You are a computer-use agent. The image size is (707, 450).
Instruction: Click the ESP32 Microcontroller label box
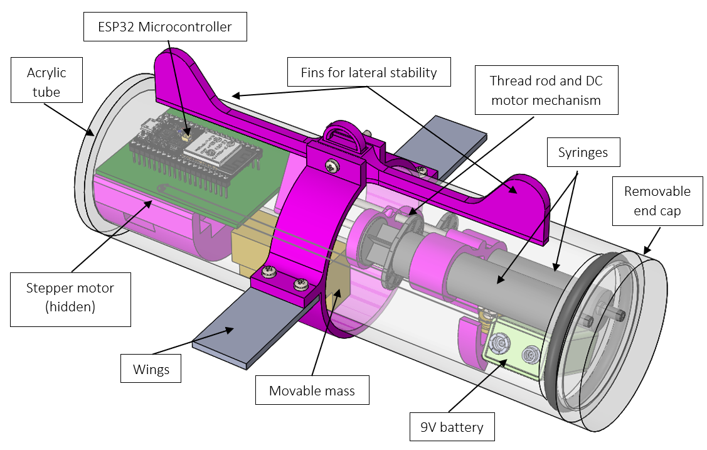tap(165, 27)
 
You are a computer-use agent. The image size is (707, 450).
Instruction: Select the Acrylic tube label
tap(46, 82)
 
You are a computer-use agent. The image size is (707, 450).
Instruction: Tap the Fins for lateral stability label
tap(368, 72)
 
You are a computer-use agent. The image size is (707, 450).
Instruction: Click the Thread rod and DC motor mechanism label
tap(546, 90)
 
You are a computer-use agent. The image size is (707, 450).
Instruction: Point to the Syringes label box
tap(583, 153)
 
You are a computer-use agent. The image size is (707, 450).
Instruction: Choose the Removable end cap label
tap(657, 201)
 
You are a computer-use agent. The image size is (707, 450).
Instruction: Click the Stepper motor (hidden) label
tap(70, 297)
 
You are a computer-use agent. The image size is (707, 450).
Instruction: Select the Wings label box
tap(151, 369)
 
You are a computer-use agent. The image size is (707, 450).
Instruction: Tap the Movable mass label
tap(312, 390)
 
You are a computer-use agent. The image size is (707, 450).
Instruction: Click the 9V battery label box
tap(452, 427)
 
